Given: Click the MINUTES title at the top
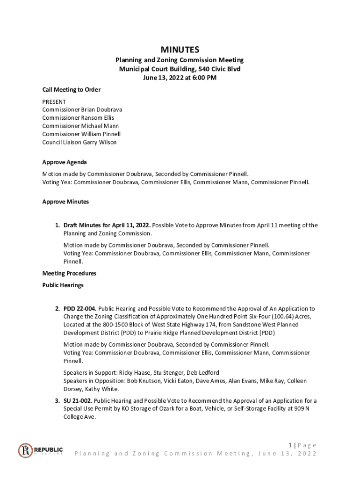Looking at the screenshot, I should tap(180, 50).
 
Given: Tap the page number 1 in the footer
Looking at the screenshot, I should tap(290, 445).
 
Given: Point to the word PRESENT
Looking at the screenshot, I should tap(54, 102).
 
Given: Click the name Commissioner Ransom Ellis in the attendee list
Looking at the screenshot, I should tap(78, 118).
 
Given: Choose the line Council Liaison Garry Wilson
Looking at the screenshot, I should tap(79, 142).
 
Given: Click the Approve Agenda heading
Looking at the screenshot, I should tap(64, 162).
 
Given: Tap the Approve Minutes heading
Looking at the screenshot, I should tap(65, 202).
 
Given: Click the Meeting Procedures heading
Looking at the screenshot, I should tap(69, 273).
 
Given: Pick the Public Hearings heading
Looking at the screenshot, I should tap(63, 285).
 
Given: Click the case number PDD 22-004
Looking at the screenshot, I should tap(80, 309).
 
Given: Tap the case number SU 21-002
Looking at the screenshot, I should tap(79, 401).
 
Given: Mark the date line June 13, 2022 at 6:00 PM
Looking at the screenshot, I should tap(180, 78).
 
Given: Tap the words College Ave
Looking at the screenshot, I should tap(79, 417).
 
